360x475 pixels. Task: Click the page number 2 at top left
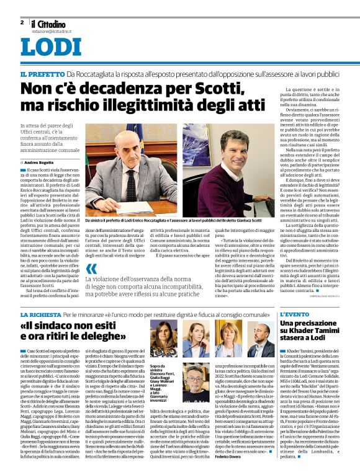pyautogui.click(x=22, y=22)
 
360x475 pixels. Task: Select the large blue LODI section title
pyautogui.click(x=50, y=48)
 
